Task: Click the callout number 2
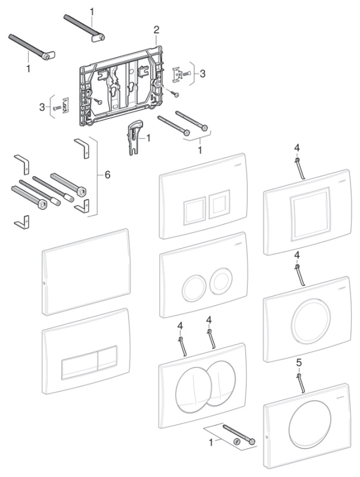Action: pyautogui.click(x=156, y=29)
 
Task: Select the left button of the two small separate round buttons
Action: pyautogui.click(x=194, y=289)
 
